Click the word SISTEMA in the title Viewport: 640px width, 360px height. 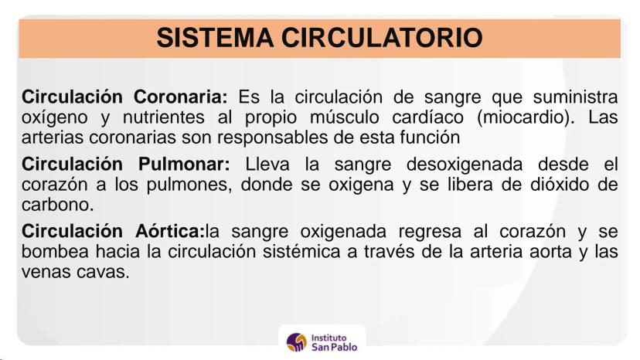click(x=215, y=38)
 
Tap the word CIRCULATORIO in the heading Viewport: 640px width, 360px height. click(x=382, y=38)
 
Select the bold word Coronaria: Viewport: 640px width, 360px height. click(x=180, y=97)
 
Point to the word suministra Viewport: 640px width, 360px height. click(x=576, y=97)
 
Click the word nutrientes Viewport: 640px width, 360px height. click(x=163, y=117)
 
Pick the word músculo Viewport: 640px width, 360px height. click(x=345, y=117)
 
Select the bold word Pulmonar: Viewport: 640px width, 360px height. click(x=185, y=164)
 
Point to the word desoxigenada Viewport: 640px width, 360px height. click(x=465, y=165)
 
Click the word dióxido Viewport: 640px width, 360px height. click(x=559, y=185)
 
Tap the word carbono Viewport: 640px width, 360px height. click(x=57, y=205)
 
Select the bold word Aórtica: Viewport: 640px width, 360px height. click(x=170, y=231)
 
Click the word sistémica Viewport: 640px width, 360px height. click(x=301, y=251)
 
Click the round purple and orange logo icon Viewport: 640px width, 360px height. click(x=297, y=342)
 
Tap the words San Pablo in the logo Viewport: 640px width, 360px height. click(x=334, y=347)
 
